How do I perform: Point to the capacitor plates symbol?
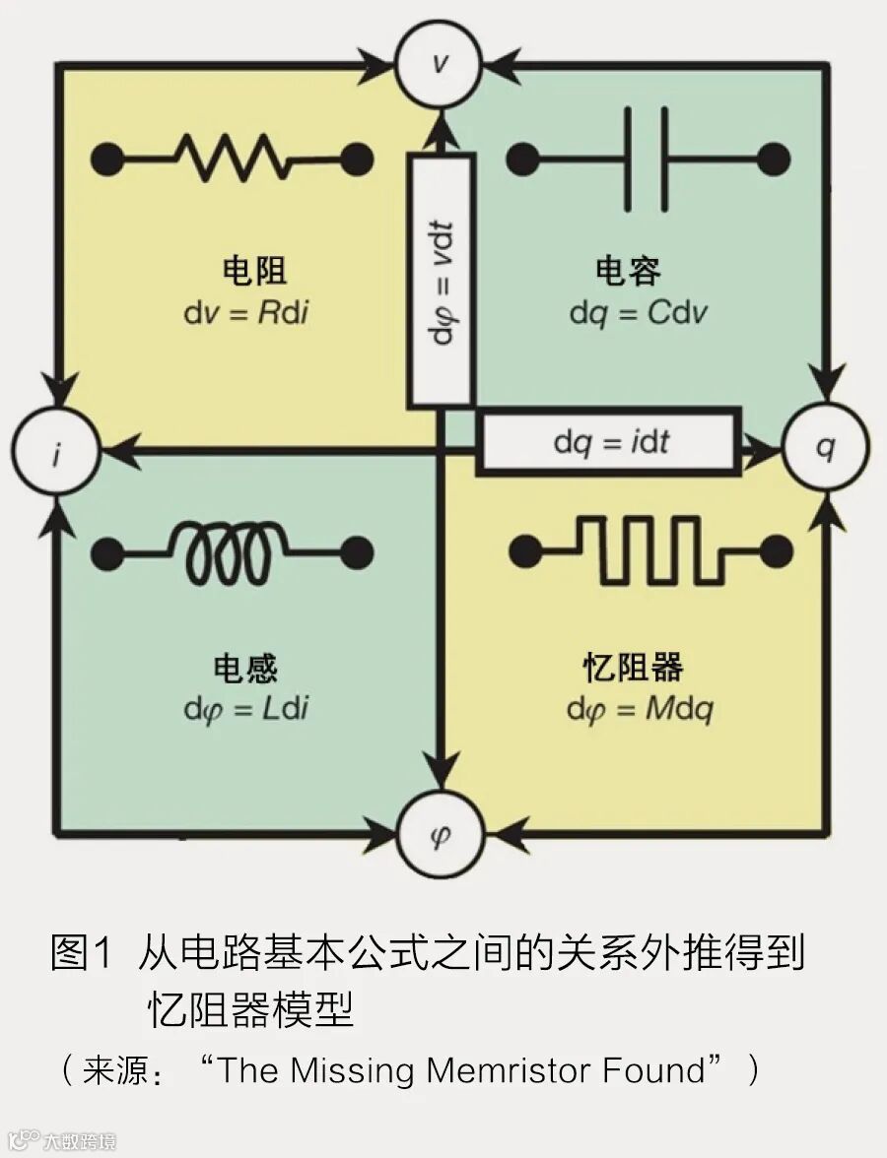click(648, 157)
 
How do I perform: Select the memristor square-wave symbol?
click(650, 547)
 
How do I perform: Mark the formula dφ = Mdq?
click(639, 709)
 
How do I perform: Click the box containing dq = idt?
click(609, 442)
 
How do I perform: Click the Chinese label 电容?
click(628, 272)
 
